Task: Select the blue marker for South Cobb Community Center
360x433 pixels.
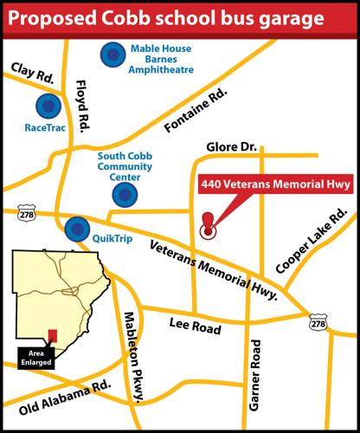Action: tap(125, 196)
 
